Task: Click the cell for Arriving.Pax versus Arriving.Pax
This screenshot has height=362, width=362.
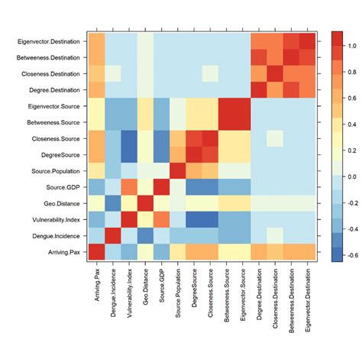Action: coord(96,252)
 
